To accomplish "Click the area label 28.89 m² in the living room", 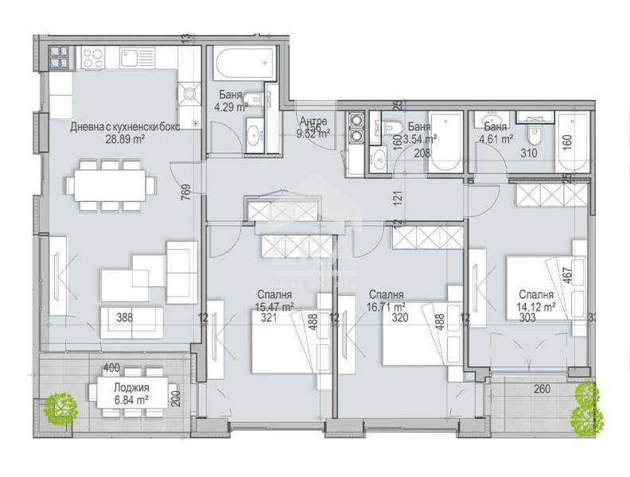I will (x=122, y=138).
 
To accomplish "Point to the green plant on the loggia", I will (x=60, y=409).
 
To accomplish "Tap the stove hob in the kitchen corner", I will (x=93, y=57).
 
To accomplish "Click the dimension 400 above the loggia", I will (x=111, y=368).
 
